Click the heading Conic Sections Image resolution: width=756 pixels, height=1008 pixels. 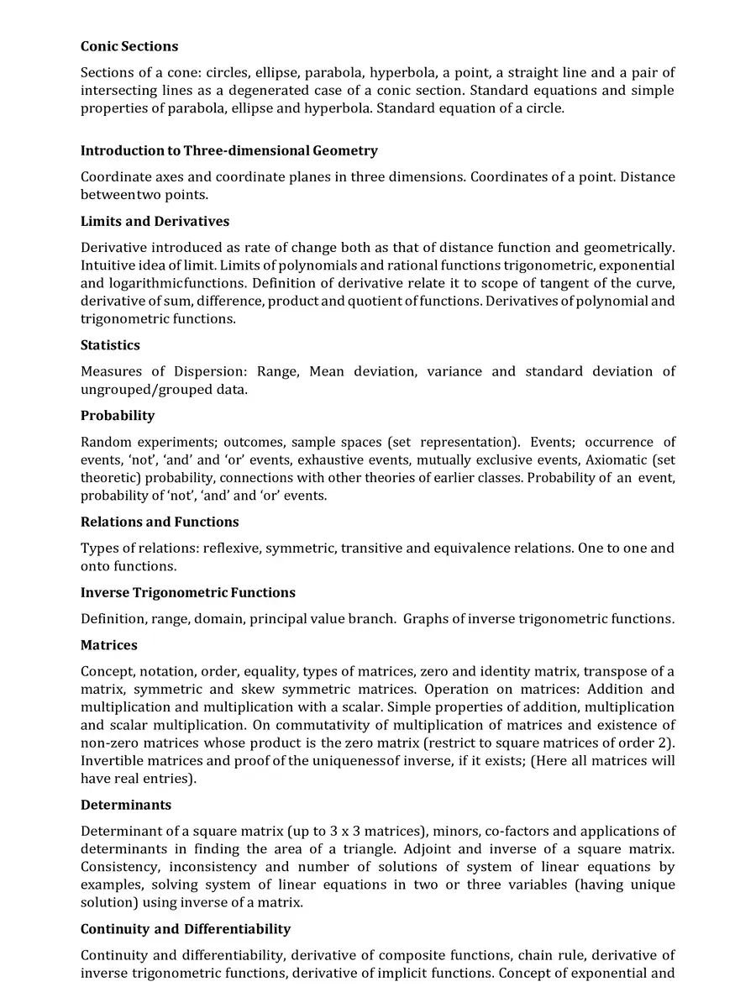(x=129, y=46)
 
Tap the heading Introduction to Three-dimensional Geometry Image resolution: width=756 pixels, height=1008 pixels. (x=228, y=151)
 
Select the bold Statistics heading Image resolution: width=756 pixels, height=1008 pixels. (x=110, y=345)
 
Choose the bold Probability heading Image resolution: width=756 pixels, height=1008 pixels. (x=118, y=416)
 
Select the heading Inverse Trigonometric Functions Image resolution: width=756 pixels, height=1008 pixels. (x=188, y=593)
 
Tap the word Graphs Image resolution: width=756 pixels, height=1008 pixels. (x=424, y=619)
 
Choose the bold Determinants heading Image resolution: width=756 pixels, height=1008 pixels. (x=126, y=806)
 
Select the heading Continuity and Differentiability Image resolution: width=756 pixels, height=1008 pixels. (x=186, y=929)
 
